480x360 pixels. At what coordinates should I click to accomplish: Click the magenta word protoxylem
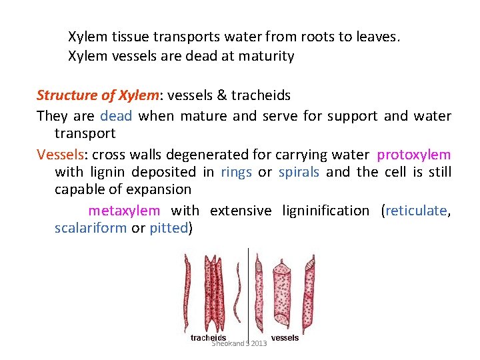pyautogui.click(x=414, y=155)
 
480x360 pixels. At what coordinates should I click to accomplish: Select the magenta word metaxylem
pyautogui.click(x=124, y=211)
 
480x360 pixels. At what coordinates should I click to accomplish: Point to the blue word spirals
pyautogui.click(x=299, y=172)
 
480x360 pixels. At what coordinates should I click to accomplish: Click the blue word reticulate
pyautogui.click(x=416, y=211)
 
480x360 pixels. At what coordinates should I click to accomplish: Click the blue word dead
pyautogui.click(x=116, y=116)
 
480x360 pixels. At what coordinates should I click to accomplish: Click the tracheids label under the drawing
pyautogui.click(x=208, y=338)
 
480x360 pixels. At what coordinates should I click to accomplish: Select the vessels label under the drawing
pyautogui.click(x=285, y=338)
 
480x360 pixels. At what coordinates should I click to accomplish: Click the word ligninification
pyautogui.click(x=325, y=211)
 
